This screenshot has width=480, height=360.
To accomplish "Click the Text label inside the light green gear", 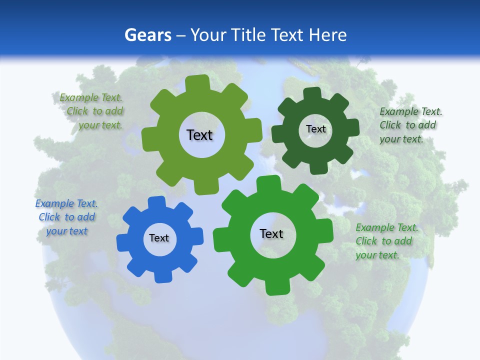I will pos(199,135).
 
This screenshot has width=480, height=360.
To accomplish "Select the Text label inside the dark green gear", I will pos(315,129).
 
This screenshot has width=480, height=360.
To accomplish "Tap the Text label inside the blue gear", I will pos(159,238).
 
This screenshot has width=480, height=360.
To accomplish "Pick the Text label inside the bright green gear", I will pos(271,233).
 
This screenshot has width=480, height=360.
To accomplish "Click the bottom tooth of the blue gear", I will pos(161,276).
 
